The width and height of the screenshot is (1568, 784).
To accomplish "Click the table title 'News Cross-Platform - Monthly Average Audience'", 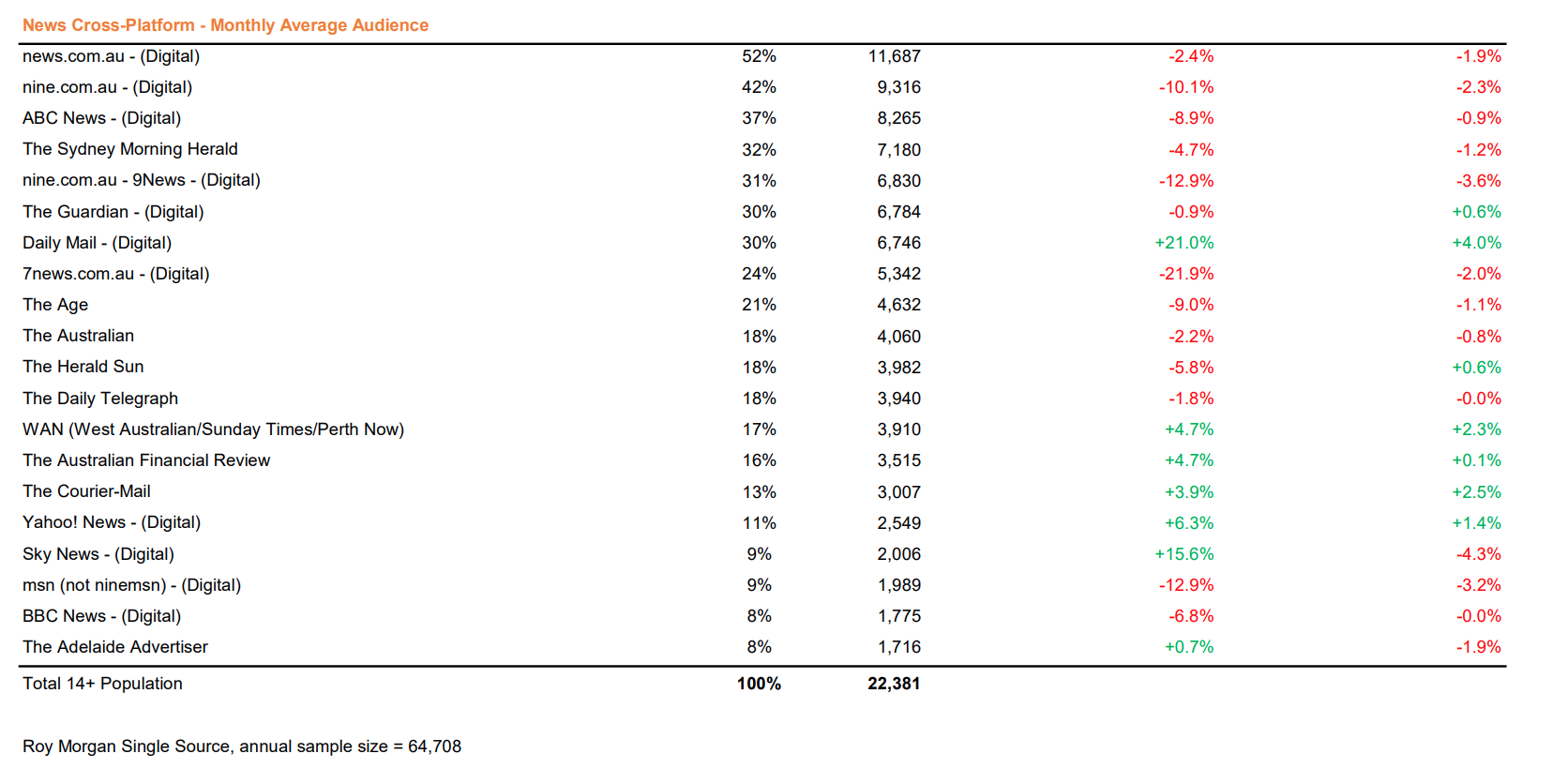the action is pyautogui.click(x=225, y=25).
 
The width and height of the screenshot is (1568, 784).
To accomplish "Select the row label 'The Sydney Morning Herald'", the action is pyautogui.click(x=130, y=149).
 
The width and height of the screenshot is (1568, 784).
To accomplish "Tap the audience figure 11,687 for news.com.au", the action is pyautogui.click(x=894, y=56).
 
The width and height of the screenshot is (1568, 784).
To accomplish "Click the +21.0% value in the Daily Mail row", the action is pyautogui.click(x=1184, y=243).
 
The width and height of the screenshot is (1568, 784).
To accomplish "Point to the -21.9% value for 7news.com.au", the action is pyautogui.click(x=1185, y=274).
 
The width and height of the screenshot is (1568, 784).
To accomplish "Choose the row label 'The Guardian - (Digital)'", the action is pyautogui.click(x=113, y=211).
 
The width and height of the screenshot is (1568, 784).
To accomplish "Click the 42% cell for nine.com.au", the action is pyautogui.click(x=759, y=87).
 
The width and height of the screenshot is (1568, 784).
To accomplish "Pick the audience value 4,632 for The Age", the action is pyautogui.click(x=898, y=305).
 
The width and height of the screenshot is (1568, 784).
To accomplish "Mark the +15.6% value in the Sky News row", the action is pyautogui.click(x=1184, y=553).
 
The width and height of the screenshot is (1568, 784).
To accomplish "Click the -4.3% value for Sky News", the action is pyautogui.click(x=1478, y=553).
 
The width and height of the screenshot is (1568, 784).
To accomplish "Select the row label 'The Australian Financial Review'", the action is pyautogui.click(x=146, y=460).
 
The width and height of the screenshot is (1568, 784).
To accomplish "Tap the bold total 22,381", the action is pyautogui.click(x=893, y=684).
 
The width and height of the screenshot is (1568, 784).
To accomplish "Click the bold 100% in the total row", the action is pyautogui.click(x=759, y=684).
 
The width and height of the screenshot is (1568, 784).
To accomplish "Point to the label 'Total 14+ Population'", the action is pyautogui.click(x=102, y=684).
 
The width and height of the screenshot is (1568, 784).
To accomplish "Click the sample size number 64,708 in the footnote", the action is pyautogui.click(x=435, y=746).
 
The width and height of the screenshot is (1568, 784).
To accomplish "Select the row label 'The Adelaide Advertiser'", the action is pyautogui.click(x=115, y=647).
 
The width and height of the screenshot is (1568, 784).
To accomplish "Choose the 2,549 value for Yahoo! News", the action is pyautogui.click(x=898, y=523).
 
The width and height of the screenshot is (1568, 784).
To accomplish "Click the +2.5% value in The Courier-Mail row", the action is pyautogui.click(x=1476, y=492).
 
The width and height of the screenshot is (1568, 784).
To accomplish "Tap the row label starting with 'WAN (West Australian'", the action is pyautogui.click(x=214, y=430).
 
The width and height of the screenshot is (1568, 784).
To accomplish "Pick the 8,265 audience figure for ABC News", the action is pyautogui.click(x=898, y=117).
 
